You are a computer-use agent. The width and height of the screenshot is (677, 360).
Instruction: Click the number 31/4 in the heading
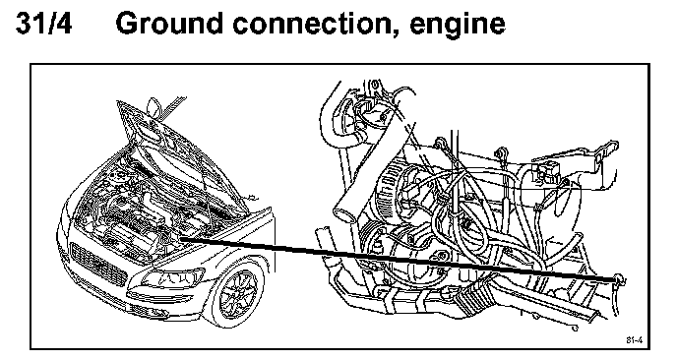pyautogui.click(x=43, y=24)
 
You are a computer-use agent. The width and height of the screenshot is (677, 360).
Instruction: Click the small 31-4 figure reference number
pyautogui.click(x=635, y=340)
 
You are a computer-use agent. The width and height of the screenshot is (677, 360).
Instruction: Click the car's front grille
pyautogui.click(x=98, y=264)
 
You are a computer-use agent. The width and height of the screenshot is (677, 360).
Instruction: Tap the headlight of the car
pyautogui.click(x=173, y=278)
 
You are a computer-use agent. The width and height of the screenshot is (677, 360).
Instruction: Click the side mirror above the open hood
pyautogui.click(x=154, y=106)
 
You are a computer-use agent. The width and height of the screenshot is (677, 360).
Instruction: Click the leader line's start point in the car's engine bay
pyautogui.click(x=180, y=238)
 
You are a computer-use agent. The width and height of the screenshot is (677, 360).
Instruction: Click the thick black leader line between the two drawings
pyautogui.click(x=399, y=259)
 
